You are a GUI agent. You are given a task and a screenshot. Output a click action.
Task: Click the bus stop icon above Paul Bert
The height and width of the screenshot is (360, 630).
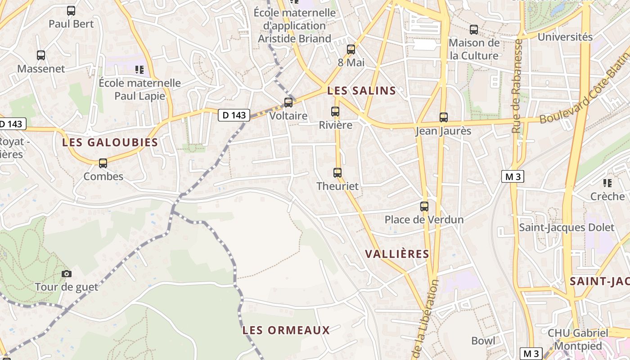point(71,11)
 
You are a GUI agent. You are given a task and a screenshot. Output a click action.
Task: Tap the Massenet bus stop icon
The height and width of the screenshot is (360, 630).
point(41,55)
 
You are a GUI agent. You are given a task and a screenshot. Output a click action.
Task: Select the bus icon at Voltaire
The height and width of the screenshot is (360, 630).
point(288,103)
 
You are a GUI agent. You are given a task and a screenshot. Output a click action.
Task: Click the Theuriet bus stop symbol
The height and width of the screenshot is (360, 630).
point(337,172)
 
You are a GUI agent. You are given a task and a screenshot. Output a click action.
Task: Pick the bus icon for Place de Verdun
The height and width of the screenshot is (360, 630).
point(424,207)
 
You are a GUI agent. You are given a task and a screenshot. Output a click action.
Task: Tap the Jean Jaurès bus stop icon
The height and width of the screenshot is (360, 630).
point(444,117)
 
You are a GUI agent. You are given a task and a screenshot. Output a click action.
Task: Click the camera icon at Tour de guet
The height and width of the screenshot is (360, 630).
point(67,274)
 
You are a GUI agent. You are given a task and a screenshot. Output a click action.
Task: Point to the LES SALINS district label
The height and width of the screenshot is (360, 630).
point(361,91)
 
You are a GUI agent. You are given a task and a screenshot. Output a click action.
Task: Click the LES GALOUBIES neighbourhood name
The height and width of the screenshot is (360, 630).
point(110,143)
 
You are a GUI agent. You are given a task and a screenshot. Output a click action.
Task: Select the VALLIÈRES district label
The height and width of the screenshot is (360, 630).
point(397,254)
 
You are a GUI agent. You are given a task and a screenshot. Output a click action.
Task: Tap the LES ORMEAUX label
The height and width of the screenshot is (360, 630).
point(286,330)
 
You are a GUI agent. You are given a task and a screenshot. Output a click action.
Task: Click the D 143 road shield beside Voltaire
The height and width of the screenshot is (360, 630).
point(234,115)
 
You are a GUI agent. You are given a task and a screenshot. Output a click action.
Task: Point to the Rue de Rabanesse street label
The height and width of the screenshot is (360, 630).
point(517,85)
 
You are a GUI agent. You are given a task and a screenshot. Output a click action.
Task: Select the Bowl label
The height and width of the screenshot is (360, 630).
point(483,341)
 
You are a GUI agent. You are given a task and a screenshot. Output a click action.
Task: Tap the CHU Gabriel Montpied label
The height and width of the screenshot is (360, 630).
point(578,340)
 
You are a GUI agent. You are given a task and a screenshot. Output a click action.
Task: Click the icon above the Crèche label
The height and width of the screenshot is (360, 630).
point(607,183)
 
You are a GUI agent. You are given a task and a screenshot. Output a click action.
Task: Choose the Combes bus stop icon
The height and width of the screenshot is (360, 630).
point(103,163)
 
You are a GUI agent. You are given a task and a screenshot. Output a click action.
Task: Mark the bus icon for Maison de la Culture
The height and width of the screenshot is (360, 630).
point(474,30)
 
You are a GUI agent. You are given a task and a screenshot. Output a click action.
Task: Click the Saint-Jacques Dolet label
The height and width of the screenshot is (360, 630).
point(567,227)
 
